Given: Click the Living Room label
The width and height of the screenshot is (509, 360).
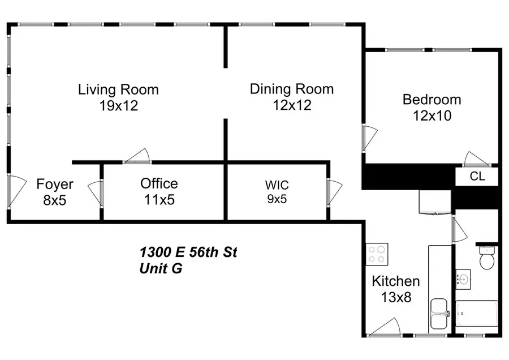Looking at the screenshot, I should tap(118, 89).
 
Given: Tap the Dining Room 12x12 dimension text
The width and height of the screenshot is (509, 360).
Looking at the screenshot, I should tap(291, 105).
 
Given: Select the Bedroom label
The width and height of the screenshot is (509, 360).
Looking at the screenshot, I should tap(432, 100).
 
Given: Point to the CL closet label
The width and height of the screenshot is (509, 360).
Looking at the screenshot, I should tap(477, 176).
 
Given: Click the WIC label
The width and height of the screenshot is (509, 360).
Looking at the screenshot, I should tap(277, 185).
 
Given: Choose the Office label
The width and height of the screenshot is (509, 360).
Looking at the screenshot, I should tap(159, 183).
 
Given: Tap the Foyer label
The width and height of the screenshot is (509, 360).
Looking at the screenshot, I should tap(55, 185).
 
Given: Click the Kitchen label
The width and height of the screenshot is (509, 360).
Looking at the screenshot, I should tap(395, 281).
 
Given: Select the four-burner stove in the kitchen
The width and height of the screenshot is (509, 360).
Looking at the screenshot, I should tap(377, 254).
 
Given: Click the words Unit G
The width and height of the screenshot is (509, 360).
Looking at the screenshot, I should tap(161, 269).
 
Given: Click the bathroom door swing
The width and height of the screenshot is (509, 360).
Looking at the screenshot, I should tap(459, 229).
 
